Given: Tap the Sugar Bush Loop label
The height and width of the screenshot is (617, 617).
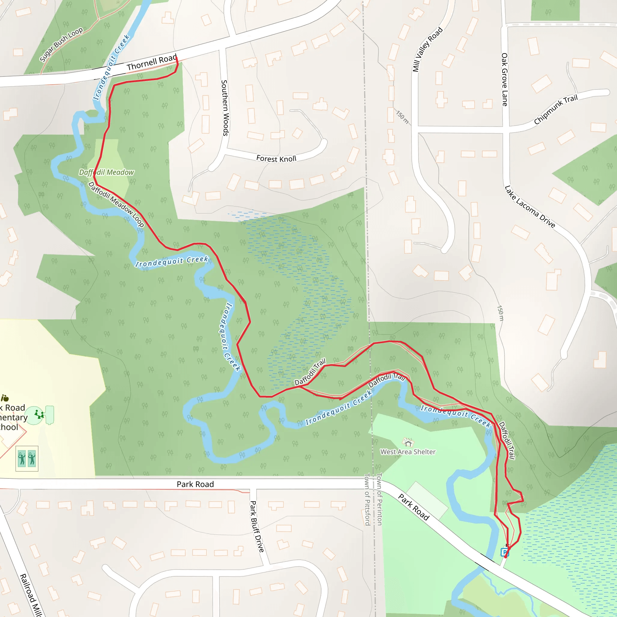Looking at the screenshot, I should [61, 44].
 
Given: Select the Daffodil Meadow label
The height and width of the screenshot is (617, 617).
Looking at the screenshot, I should [106, 172].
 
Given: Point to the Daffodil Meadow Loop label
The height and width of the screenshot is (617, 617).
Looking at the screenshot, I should [116, 204].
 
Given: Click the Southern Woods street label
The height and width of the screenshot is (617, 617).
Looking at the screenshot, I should [225, 108].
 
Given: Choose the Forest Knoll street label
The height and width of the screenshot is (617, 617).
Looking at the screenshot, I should [276, 159].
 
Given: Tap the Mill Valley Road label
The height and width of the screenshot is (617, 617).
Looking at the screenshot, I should [427, 49].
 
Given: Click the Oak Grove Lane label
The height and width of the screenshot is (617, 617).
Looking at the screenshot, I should [504, 80].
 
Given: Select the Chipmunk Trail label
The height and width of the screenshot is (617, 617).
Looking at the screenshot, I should [556, 109].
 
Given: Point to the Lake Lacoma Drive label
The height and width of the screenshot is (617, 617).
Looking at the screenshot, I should [530, 207].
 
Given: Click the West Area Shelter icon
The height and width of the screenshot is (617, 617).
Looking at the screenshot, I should [408, 443].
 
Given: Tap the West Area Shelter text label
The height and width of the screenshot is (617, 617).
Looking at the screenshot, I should [408, 452].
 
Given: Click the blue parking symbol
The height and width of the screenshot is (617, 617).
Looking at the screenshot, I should [504, 552].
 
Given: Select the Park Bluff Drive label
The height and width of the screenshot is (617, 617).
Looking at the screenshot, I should [257, 527].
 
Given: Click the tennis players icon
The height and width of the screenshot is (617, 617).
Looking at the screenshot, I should [27, 459].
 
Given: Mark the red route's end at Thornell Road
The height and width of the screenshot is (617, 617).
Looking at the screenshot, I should [176, 58].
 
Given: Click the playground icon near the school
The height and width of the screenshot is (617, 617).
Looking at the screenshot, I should [39, 415].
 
